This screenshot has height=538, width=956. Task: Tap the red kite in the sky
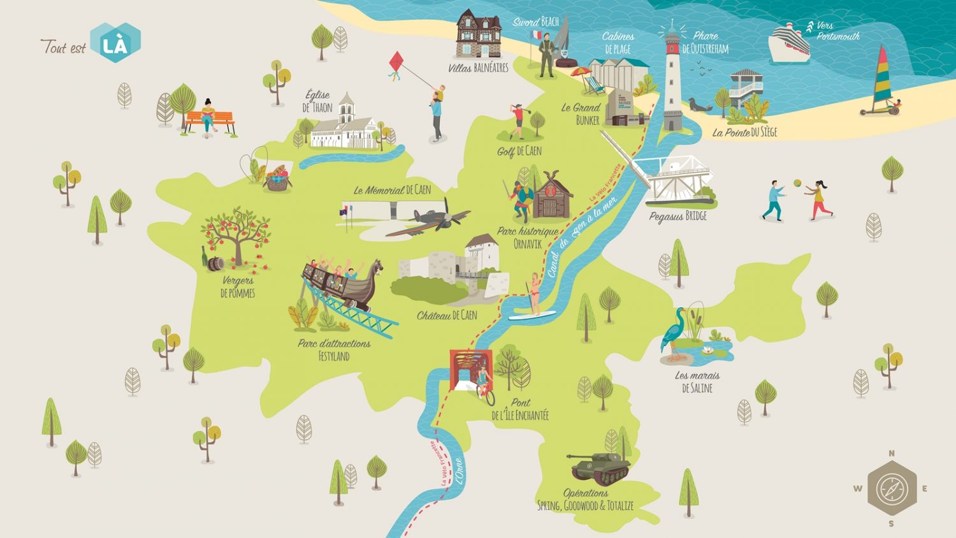tap(396, 64)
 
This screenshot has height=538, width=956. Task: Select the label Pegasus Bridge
tap(677, 217)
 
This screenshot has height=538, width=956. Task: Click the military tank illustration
tap(599, 467)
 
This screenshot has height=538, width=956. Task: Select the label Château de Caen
tap(447, 315)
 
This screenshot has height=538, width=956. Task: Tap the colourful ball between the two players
tap(797, 184)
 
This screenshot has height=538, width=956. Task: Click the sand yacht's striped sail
tap(881, 76)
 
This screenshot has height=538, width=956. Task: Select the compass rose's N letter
tap(891, 453)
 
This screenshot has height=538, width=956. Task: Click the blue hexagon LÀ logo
tap(115, 43)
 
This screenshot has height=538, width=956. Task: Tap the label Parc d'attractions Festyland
tap(334, 349)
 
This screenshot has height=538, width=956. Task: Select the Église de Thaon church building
tap(344, 127)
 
